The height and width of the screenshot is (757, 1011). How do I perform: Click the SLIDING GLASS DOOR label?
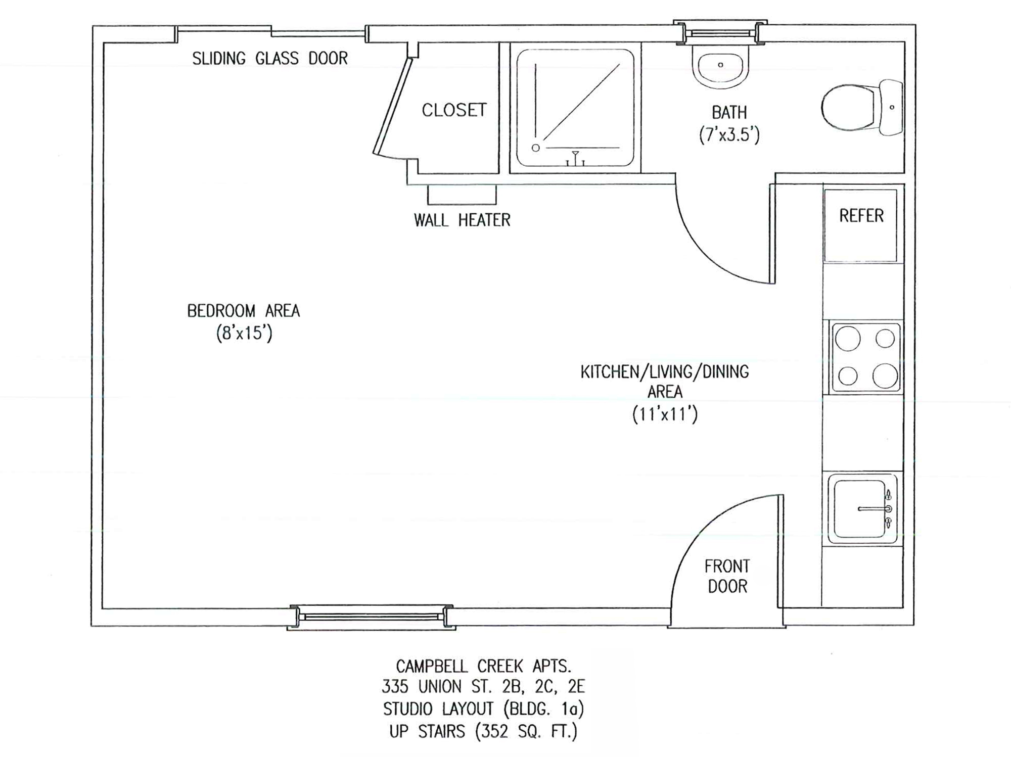[x=270, y=59]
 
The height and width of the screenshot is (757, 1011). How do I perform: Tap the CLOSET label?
[x=454, y=110]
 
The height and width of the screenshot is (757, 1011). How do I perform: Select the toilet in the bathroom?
[x=862, y=107]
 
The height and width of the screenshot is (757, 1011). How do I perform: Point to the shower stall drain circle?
[x=536, y=148]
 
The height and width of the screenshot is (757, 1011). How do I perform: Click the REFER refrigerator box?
[x=861, y=225]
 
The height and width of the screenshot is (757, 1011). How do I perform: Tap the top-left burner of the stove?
[x=848, y=339]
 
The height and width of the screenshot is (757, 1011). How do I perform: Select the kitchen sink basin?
[x=859, y=509]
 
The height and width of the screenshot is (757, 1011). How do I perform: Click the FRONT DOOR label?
[x=727, y=576]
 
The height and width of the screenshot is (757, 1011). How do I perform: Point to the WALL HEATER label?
[x=462, y=220]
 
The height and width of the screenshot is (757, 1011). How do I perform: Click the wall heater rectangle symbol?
[x=462, y=195]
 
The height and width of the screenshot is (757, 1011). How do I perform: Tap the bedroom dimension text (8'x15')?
[x=245, y=334]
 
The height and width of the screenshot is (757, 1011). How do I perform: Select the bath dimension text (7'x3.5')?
[x=729, y=135]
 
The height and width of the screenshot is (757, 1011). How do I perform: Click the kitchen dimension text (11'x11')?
[x=665, y=414]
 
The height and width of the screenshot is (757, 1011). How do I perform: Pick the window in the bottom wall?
[x=372, y=617]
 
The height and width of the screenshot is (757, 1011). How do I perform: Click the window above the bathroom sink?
[x=720, y=33]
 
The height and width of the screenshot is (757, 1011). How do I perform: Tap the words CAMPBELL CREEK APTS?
[x=484, y=666]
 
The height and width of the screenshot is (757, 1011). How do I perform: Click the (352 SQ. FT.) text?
[x=526, y=732]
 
